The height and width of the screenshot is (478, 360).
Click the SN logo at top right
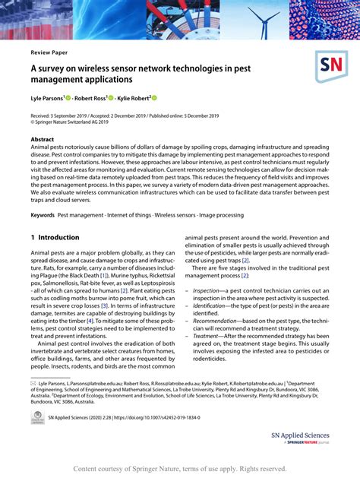tap(331, 68)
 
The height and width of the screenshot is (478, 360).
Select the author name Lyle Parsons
tap(46, 99)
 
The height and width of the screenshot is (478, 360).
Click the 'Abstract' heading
tap(42, 141)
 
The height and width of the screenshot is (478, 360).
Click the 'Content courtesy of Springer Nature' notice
tap(179, 469)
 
